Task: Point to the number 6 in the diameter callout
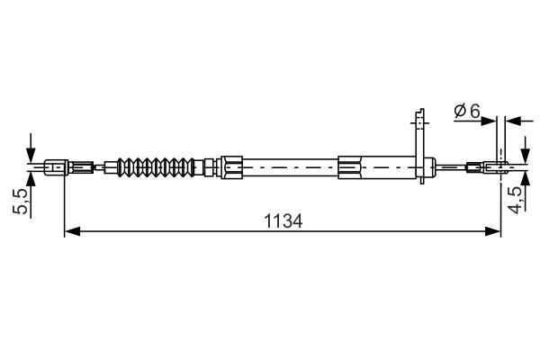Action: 475,111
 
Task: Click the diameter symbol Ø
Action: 460,111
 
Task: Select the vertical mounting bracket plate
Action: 418,144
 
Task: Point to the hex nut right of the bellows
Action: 211,166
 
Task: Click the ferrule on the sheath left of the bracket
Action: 352,166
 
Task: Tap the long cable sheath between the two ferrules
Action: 288,166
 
